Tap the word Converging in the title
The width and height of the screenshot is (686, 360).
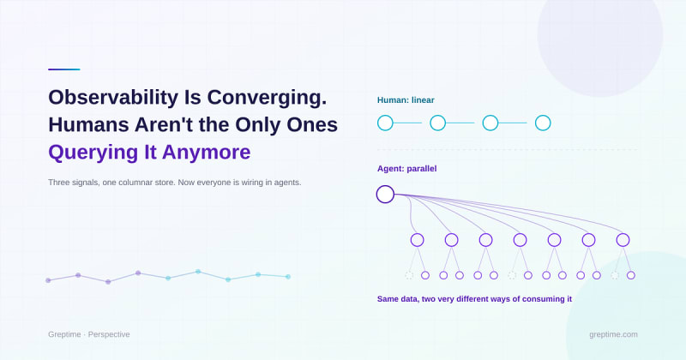(267, 98)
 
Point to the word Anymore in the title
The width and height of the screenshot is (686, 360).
(207, 153)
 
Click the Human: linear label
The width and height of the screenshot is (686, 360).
(406, 100)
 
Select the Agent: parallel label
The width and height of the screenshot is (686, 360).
(406, 169)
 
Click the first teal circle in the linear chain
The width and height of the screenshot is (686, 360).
(385, 123)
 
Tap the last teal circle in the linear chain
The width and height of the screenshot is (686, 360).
(543, 123)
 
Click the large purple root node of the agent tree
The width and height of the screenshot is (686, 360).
(385, 195)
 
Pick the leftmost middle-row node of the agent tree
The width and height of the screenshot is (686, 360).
(418, 240)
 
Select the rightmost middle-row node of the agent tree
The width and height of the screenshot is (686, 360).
(623, 240)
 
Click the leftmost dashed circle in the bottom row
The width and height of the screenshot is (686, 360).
(409, 275)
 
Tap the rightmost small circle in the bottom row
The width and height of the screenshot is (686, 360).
(631, 275)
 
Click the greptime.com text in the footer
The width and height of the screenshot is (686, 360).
(613, 334)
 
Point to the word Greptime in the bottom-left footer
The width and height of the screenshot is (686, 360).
(64, 334)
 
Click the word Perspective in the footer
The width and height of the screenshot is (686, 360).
(109, 334)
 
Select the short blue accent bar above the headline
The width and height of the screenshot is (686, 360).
(63, 69)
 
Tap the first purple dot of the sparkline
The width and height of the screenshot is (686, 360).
(48, 280)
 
